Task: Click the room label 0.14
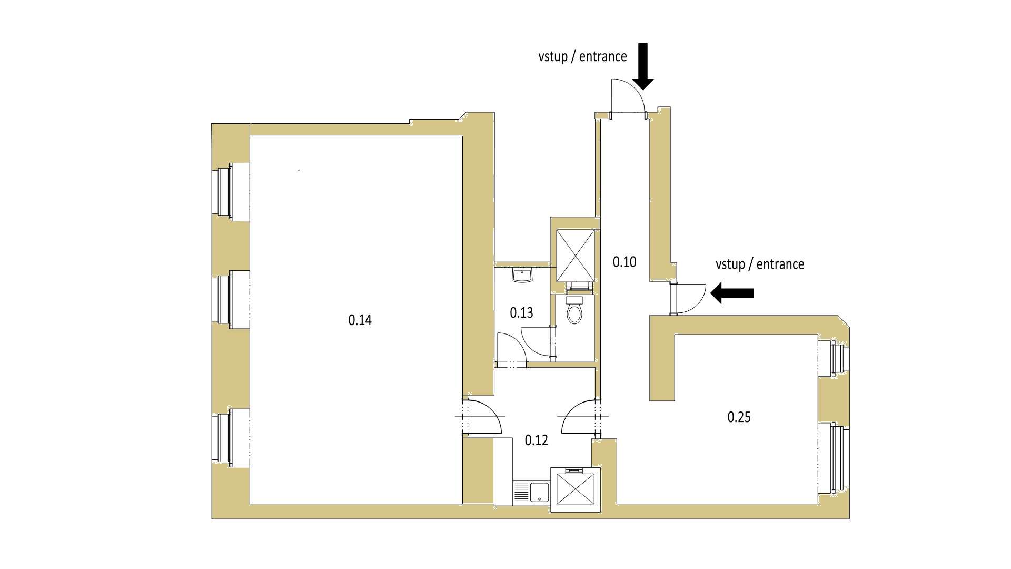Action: (360, 320)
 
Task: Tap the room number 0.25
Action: (739, 417)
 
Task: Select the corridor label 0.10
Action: (625, 262)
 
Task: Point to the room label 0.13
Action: (521, 313)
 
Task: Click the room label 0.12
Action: (537, 440)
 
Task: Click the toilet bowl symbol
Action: (574, 311)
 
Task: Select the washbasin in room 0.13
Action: (523, 275)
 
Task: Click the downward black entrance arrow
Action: (642, 66)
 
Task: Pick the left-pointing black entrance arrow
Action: (732, 293)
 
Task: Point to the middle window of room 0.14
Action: (231, 300)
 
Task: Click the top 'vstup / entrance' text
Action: (582, 56)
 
